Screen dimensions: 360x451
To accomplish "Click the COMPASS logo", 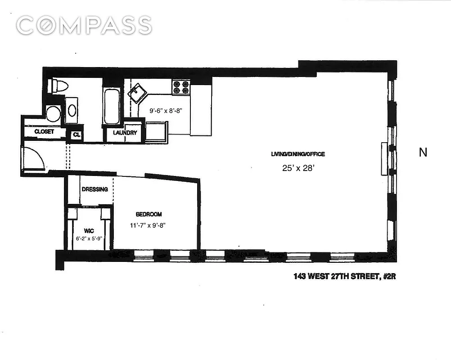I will coord(84,25).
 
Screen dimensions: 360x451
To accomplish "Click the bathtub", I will coord(112,106).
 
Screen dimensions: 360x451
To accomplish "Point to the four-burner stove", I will coord(180,87).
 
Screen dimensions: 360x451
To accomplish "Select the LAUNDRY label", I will coord(125,133).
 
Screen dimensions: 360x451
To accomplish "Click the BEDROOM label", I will coord(149,215).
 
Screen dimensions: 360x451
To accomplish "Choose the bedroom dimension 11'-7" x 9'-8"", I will coord(149,226).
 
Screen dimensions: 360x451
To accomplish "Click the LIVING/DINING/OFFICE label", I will coord(298,154).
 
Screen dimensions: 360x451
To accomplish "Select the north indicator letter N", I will coord(423,153).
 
